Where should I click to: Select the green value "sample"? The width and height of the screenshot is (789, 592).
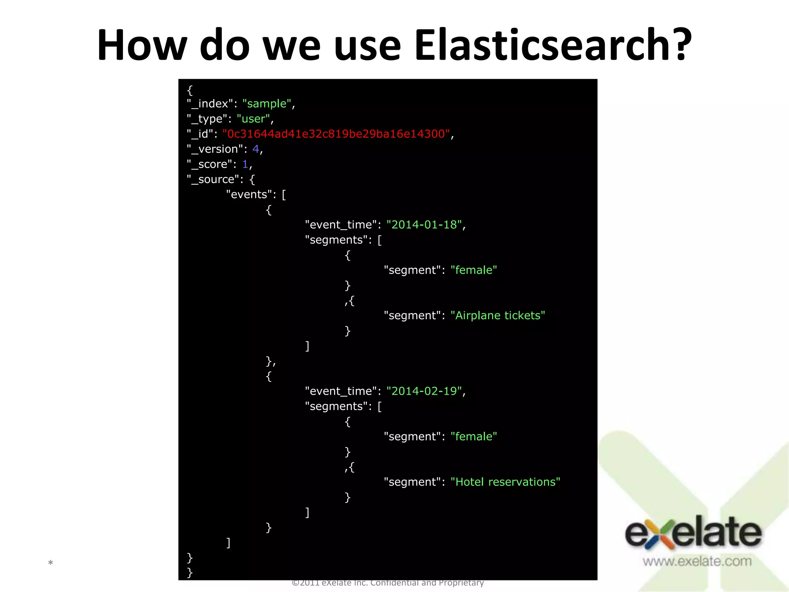click(x=267, y=104)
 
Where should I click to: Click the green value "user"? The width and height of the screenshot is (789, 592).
click(x=253, y=119)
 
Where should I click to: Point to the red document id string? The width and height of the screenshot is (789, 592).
click(x=336, y=134)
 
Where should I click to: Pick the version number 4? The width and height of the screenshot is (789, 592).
click(x=255, y=149)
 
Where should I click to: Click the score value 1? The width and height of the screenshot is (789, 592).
click(x=245, y=164)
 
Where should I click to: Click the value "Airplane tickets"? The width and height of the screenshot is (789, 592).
click(x=498, y=316)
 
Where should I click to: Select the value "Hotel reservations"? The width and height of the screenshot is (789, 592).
click(x=505, y=482)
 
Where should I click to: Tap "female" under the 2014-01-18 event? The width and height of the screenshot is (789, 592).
click(x=473, y=270)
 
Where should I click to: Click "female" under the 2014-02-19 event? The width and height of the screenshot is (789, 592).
click(x=473, y=437)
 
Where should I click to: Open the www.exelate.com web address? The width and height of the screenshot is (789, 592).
click(x=697, y=561)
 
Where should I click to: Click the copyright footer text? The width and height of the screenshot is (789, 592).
click(x=388, y=583)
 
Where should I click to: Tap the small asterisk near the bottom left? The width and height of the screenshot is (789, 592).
click(x=50, y=563)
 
